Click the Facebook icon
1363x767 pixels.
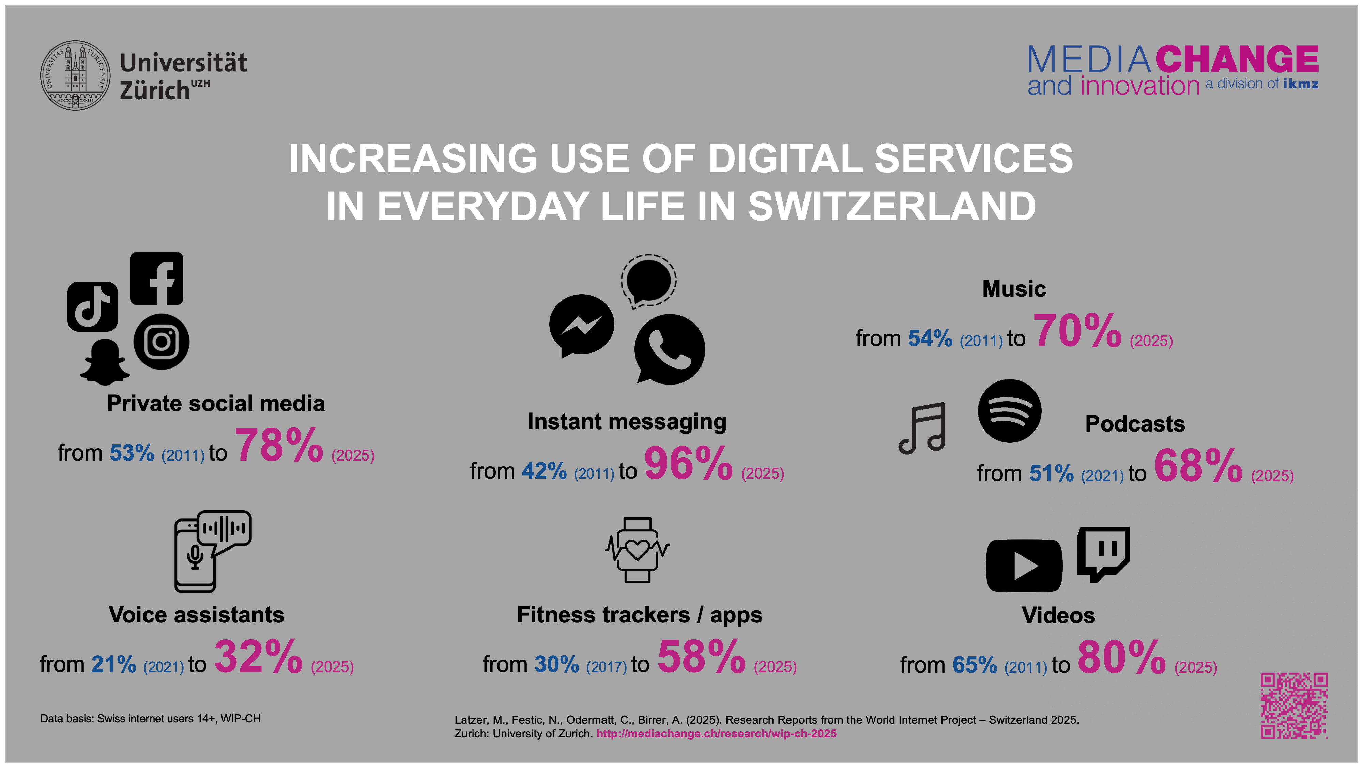(157, 279)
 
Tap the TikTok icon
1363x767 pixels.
(93, 306)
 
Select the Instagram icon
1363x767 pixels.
(162, 342)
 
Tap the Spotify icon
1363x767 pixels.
(1009, 411)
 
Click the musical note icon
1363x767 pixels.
(922, 428)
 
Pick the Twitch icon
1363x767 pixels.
(1104, 553)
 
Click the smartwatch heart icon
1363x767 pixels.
(637, 550)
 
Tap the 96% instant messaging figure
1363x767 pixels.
(688, 464)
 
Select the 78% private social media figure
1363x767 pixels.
(279, 446)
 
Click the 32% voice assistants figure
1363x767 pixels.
(258, 657)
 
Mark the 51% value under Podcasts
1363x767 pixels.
(1051, 473)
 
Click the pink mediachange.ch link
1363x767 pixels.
(716, 734)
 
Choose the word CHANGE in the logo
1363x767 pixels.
(1237, 59)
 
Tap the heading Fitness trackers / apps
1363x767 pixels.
(639, 615)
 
